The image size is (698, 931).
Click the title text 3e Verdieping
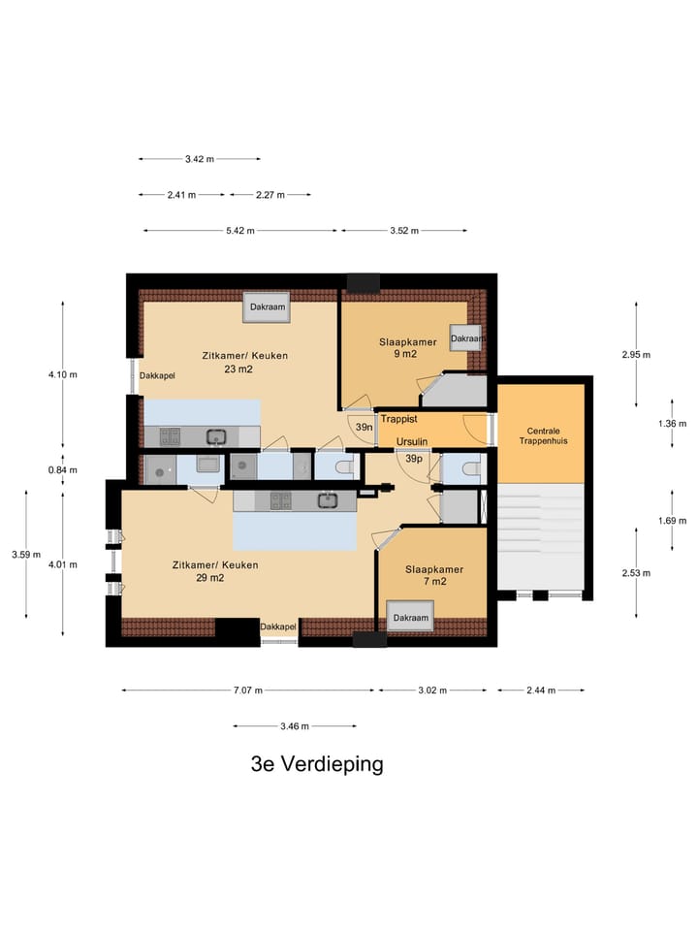[317, 764]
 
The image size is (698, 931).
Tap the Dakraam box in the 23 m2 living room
[266, 307]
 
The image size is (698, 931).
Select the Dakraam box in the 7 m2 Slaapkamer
[410, 618]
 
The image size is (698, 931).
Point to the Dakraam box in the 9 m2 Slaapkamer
[465, 338]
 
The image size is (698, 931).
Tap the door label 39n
[364, 428]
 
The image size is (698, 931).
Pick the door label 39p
[414, 459]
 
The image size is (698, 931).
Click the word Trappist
[398, 420]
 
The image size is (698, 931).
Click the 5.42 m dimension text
[239, 231]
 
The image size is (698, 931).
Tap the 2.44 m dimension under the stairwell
[540, 690]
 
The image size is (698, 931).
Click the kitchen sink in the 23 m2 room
[215, 436]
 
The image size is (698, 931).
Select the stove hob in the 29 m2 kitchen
[279, 500]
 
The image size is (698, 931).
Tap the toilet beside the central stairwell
[470, 469]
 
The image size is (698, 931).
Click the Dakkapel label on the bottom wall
[277, 628]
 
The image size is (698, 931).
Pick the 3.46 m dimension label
[293, 725]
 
